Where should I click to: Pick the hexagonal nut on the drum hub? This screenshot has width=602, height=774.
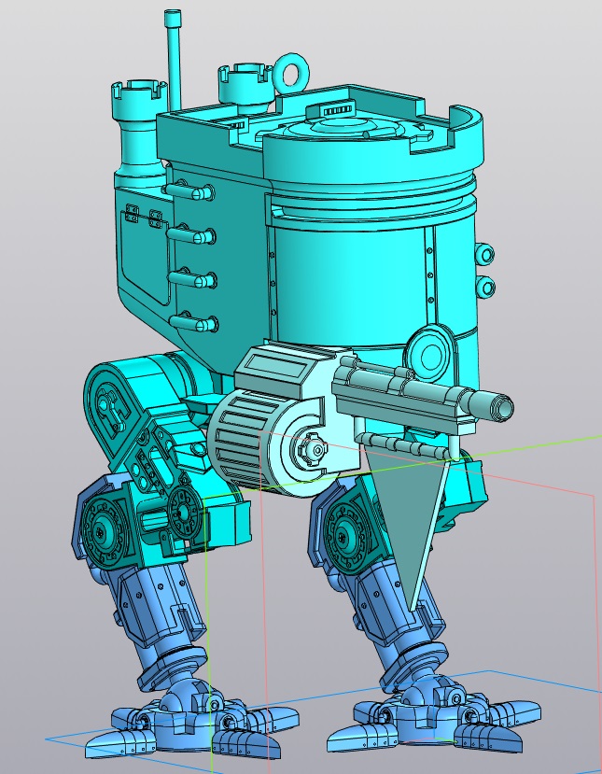click(x=313, y=449)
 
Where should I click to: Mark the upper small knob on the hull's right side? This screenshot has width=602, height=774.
click(x=484, y=254)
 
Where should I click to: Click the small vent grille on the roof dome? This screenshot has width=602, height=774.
click(x=341, y=111)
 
